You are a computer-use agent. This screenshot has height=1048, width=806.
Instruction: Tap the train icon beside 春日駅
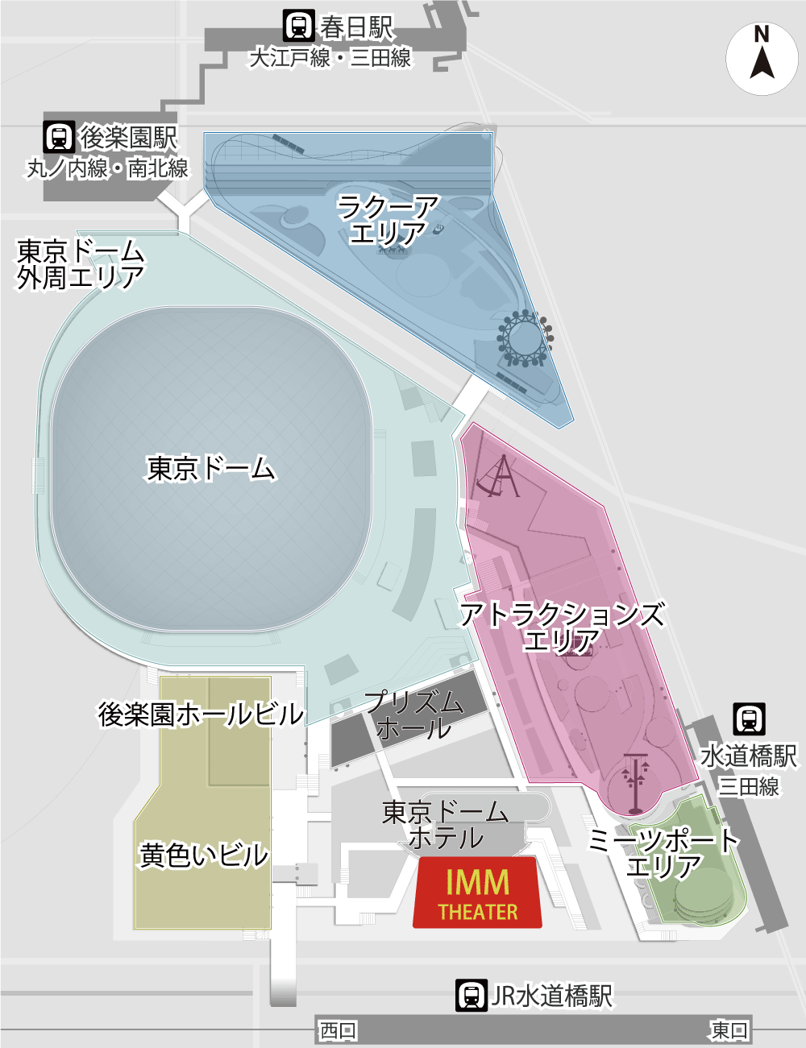[299, 27]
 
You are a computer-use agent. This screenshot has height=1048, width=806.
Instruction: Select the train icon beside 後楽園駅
[59, 137]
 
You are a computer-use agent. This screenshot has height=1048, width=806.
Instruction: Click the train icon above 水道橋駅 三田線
[749, 718]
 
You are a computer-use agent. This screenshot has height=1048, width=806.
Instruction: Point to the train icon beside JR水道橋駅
[471, 996]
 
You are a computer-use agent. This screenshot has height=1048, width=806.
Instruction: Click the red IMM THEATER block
[477, 893]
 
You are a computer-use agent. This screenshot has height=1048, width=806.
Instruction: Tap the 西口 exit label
[338, 1030]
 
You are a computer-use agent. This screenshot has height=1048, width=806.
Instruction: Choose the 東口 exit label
[729, 1029]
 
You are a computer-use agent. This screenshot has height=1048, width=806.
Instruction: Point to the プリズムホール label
[414, 715]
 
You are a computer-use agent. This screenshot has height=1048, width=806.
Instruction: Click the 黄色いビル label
[204, 855]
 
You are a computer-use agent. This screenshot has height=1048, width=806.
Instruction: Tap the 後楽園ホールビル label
[201, 714]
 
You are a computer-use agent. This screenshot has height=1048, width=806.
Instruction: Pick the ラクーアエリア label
[388, 220]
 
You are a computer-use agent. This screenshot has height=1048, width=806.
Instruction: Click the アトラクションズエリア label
[563, 628]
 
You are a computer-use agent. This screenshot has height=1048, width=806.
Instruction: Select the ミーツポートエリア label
[664, 853]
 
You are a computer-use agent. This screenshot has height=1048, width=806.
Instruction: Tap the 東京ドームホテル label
[445, 825]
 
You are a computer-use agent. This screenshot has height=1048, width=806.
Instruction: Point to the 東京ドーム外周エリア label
[80, 264]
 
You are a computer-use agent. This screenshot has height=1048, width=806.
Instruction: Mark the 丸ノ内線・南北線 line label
[108, 168]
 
